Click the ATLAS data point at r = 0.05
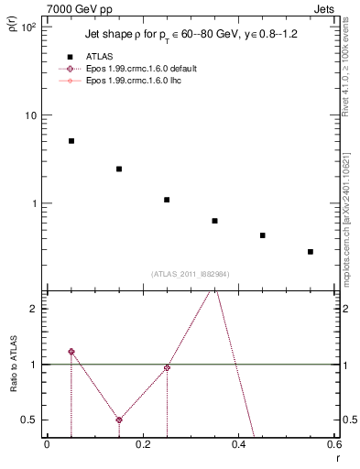point(71,141)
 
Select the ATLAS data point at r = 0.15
point(119,169)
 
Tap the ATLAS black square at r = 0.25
point(167,200)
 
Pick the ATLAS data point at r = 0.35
point(214,221)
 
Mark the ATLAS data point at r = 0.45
point(262,235)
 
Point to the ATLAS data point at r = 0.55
point(311,251)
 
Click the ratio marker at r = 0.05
point(71,352)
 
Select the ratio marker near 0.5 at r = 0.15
point(119,420)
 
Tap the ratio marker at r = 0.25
point(167,367)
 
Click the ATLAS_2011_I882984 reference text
point(191,274)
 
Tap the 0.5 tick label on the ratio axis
point(27,420)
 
